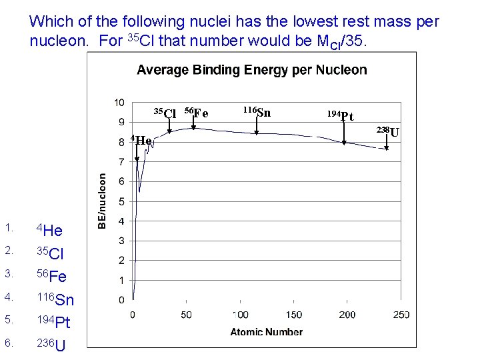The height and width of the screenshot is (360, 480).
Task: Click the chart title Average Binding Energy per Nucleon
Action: pos(251,70)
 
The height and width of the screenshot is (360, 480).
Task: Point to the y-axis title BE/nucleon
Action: pos(102,201)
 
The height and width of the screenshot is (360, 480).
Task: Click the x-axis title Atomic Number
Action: pos(266,331)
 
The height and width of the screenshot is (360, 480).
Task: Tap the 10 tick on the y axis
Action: pos(119,103)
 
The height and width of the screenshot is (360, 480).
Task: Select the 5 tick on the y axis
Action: pos(121,201)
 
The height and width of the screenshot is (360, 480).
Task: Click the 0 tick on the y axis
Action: pos(121,300)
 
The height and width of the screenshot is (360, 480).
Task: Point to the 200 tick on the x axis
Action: pos(347,315)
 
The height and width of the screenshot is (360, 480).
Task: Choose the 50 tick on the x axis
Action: pos(185,315)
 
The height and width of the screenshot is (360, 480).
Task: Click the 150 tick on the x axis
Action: pos(293,315)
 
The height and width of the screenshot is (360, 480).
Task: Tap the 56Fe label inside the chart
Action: pos(196,113)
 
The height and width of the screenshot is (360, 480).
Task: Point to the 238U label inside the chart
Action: pos(388,131)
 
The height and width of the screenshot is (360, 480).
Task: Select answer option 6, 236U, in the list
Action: pos(50,345)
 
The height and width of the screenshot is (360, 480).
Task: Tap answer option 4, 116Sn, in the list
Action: pos(54,299)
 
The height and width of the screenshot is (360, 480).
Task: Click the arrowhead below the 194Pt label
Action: pos(344,142)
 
